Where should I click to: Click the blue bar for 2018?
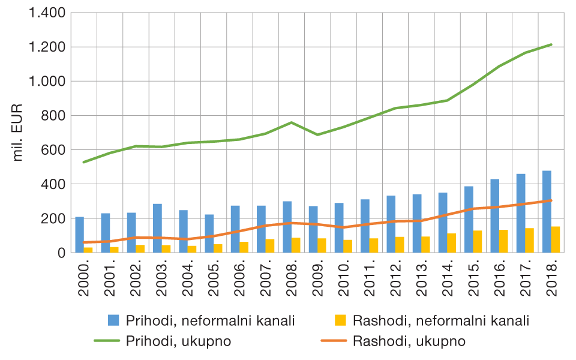pyautogui.click(x=547, y=212)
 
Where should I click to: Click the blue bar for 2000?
pyautogui.click(x=80, y=235)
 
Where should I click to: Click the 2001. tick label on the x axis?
pyautogui.click(x=110, y=278)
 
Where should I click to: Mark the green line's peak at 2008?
pyautogui.click(x=291, y=122)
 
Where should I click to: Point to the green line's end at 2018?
pyautogui.click(x=551, y=44)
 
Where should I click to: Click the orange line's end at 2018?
pyautogui.click(x=551, y=200)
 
